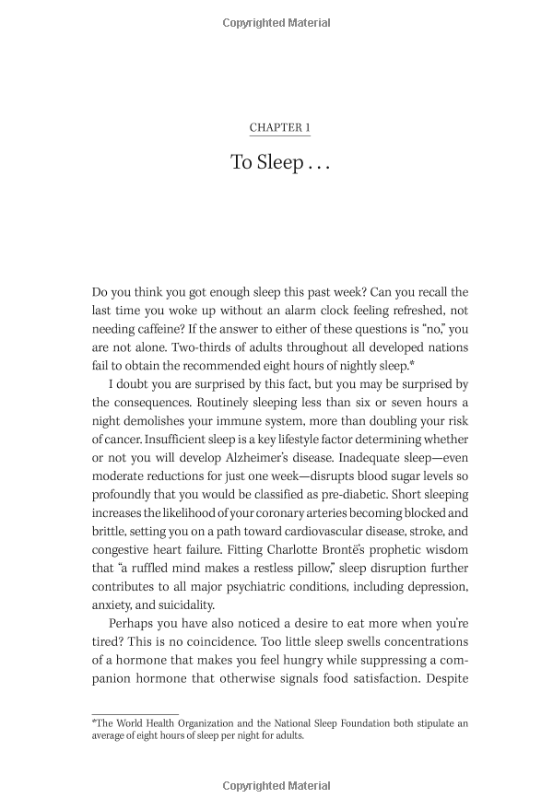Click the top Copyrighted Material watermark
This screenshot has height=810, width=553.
(x=276, y=23)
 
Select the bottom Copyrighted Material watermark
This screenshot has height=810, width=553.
(x=276, y=786)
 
